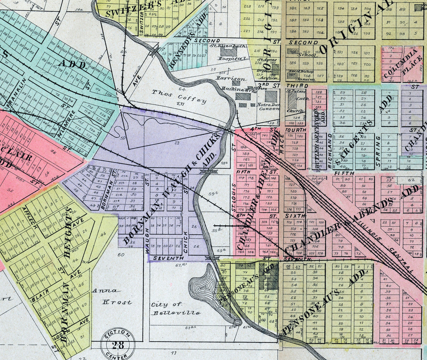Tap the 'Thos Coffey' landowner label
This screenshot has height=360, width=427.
tap(179, 97)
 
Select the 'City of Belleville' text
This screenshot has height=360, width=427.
tap(176, 309)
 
